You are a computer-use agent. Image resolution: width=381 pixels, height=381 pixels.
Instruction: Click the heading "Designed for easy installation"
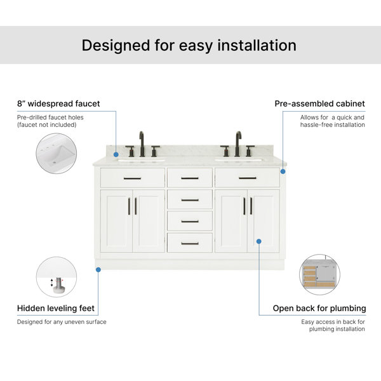(189, 46)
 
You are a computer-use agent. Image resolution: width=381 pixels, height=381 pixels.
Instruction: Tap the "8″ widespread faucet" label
(58, 104)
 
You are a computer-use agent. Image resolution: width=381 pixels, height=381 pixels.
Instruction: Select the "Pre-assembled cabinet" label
(320, 104)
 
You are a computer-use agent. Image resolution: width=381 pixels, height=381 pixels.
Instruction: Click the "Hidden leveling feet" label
(56, 309)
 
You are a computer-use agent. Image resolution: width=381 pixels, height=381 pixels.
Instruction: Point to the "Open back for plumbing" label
(319, 309)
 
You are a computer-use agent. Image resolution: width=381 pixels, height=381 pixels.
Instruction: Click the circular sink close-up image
(57, 153)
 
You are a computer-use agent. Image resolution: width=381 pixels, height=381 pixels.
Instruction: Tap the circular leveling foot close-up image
(57, 277)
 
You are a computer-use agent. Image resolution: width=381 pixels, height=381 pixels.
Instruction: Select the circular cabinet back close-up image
(320, 274)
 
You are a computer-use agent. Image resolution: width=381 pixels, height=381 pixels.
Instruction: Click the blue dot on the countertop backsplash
(116, 154)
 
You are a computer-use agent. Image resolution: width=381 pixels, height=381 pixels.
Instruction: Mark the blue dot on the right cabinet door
(259, 241)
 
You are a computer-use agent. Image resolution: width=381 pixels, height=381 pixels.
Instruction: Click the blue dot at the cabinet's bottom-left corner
(98, 269)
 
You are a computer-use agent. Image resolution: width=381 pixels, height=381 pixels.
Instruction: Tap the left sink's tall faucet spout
(142, 144)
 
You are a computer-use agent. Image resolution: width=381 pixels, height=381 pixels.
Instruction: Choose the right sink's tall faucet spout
(238, 144)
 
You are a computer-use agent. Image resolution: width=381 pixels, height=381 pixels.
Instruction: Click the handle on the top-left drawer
(132, 178)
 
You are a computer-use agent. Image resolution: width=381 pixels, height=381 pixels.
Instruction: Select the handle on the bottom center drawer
(190, 243)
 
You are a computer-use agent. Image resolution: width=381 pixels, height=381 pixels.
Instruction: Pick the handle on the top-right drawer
(248, 178)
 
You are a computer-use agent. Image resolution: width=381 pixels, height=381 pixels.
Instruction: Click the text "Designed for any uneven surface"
(62, 322)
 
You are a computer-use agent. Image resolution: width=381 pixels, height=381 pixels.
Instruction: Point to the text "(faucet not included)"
(46, 125)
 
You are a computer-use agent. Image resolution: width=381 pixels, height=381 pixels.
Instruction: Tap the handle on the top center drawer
(190, 178)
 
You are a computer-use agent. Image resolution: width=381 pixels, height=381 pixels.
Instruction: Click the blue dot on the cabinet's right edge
(283, 171)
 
